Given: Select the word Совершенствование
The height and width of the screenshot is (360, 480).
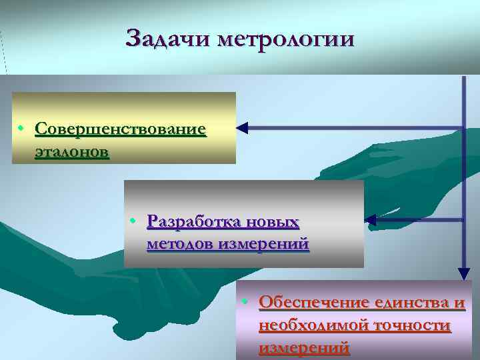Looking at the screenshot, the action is (x=120, y=128).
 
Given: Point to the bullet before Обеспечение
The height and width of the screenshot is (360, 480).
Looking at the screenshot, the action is (x=245, y=303).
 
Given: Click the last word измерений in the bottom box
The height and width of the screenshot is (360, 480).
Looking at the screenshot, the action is (x=303, y=348).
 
